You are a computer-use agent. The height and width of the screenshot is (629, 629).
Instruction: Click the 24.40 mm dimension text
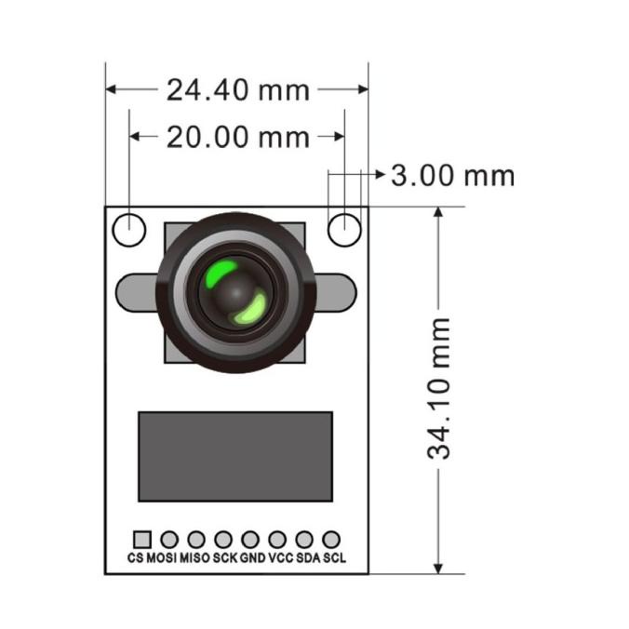click(238, 90)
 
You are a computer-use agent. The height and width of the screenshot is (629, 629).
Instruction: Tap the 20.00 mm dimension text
click(238, 137)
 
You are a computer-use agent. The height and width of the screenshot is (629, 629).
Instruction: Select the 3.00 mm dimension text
click(453, 176)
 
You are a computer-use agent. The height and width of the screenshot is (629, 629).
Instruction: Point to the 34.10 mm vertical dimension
click(438, 388)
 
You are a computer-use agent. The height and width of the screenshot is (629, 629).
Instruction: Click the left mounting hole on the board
click(129, 230)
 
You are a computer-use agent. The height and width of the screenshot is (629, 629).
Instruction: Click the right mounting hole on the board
click(344, 230)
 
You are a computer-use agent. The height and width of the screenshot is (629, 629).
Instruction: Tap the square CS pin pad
click(142, 540)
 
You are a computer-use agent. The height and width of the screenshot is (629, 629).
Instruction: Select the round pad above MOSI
click(169, 540)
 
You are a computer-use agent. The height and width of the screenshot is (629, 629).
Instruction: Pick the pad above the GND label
click(250, 540)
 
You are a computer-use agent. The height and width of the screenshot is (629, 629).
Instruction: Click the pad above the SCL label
click(331, 540)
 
